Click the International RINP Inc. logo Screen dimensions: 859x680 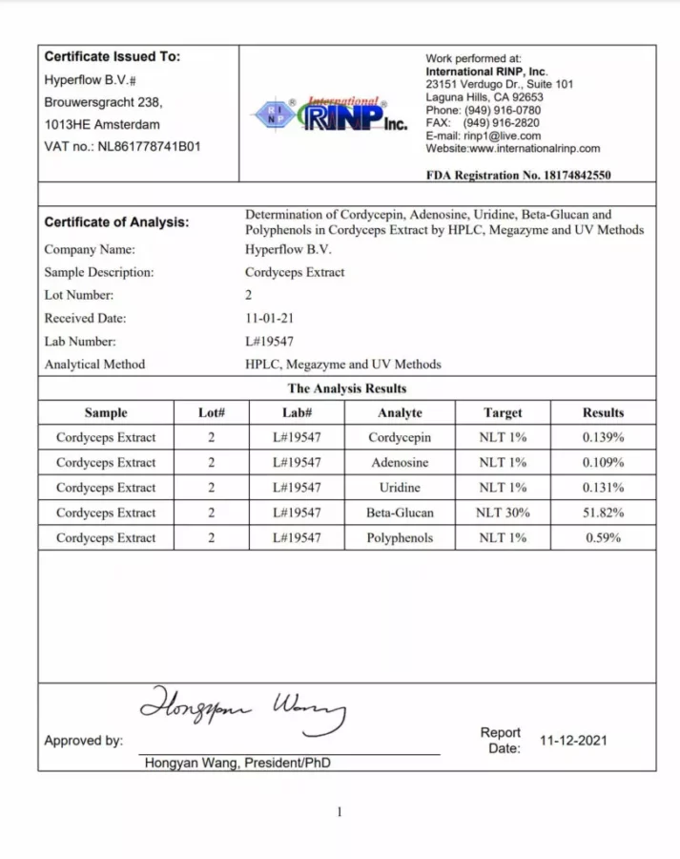329,115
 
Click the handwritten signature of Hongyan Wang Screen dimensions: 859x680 243,708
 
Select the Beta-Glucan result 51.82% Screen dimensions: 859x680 603,513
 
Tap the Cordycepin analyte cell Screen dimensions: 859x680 400,438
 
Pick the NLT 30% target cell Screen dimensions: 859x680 503,513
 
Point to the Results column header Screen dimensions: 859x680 603,413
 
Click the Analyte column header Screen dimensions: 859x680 400,413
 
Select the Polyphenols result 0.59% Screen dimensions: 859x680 603,538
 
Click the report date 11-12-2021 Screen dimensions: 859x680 573,740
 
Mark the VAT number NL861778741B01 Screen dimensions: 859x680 149,147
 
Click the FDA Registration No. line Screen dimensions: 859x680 518,176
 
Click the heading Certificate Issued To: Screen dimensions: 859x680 113,57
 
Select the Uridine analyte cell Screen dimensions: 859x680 400,488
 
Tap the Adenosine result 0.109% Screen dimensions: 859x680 603,463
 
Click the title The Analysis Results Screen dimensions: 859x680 347,388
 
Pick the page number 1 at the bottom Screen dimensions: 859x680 339,812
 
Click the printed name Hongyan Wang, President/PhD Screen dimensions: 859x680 237,764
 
